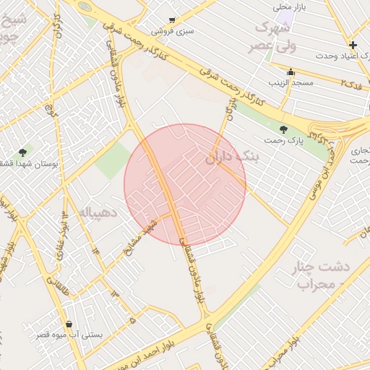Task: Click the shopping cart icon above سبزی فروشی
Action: point(171,20)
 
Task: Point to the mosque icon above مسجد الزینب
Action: point(291,72)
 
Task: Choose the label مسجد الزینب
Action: point(291,82)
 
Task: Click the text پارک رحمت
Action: point(281,139)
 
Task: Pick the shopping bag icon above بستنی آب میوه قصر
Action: point(69,324)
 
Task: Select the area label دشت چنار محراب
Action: point(321,274)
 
